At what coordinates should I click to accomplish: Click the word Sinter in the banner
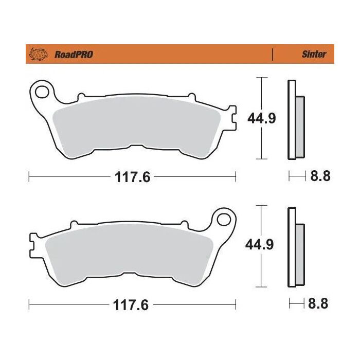tap(313, 54)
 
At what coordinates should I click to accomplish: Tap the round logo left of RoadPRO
tap(39, 54)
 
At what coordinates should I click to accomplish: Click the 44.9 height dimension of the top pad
tap(262, 119)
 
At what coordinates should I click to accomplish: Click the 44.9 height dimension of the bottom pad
tap(262, 246)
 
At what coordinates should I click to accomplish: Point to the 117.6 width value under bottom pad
tap(132, 305)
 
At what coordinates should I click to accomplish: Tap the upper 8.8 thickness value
tap(320, 176)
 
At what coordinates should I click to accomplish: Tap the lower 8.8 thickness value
tap(320, 304)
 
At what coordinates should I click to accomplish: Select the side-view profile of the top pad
tap(295, 120)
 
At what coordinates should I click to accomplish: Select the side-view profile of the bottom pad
tap(295, 247)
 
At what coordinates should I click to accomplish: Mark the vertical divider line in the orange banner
tap(272, 54)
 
